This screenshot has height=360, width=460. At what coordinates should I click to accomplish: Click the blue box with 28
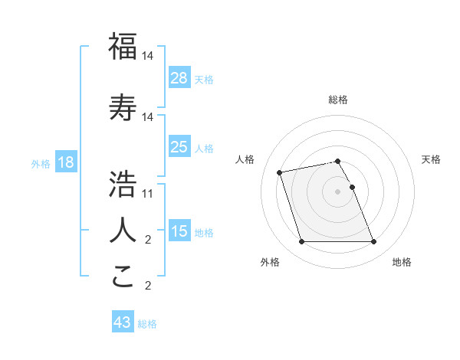[179, 79]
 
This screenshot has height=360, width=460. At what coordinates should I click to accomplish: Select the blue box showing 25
[179, 148]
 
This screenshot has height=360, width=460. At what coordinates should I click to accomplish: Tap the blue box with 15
[179, 231]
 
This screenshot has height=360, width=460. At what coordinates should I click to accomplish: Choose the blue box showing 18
[65, 163]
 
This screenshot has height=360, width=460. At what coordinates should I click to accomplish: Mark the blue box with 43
[123, 323]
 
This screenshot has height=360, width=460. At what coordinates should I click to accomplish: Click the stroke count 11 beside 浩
[148, 194]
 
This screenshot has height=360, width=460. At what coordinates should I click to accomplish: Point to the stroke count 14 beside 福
[148, 57]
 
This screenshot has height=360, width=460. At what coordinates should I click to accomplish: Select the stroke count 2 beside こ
[148, 286]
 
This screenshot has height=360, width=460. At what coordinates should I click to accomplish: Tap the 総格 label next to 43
[148, 324]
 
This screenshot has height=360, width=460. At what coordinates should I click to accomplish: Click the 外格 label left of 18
[41, 164]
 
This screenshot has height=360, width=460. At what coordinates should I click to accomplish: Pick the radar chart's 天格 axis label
[431, 159]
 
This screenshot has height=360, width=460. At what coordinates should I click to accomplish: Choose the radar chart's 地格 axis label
[402, 262]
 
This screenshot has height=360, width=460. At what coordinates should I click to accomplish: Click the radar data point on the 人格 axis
[280, 172]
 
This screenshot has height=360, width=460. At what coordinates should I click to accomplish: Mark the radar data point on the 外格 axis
[301, 242]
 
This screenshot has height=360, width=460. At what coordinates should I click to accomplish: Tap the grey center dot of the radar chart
[337, 191]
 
